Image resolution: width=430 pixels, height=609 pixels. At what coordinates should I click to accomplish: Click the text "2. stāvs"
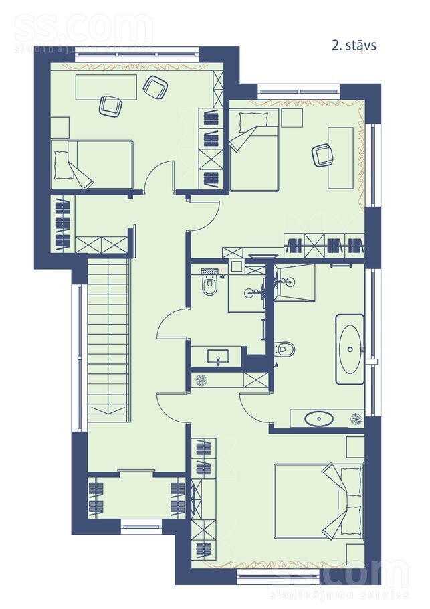tap(354, 46)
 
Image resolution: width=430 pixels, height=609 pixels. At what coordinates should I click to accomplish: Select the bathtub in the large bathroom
tap(350, 349)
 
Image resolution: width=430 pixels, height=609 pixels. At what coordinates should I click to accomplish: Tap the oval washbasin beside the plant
tap(319, 419)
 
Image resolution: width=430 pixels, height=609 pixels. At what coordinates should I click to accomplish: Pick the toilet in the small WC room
tap(209, 286)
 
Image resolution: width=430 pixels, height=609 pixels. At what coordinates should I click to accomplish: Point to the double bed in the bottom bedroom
tap(319, 501)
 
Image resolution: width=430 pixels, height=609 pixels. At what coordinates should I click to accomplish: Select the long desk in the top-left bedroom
tap(106, 86)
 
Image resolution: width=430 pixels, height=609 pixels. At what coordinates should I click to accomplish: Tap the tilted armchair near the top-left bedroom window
tap(156, 88)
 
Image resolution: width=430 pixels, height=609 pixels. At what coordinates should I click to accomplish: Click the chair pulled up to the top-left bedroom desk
tap(110, 106)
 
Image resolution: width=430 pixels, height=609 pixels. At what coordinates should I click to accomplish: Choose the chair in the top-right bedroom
tap(323, 155)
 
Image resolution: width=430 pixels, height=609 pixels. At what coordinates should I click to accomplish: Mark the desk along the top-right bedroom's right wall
tap(341, 158)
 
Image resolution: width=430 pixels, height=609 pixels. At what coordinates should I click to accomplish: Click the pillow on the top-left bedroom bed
tap(60, 165)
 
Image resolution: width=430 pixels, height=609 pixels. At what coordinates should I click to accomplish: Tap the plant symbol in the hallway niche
tap(201, 380)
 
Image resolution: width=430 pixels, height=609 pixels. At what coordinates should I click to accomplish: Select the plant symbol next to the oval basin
tap(356, 419)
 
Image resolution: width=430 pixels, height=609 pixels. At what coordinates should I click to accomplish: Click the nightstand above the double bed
tap(356, 446)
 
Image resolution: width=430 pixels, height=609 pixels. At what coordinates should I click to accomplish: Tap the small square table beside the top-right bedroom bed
tap(292, 118)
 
